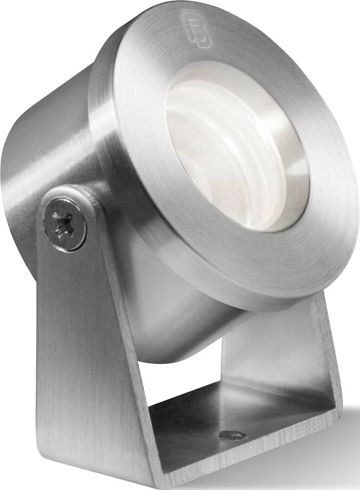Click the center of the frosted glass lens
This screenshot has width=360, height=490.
230,152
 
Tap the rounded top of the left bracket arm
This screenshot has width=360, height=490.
69,194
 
